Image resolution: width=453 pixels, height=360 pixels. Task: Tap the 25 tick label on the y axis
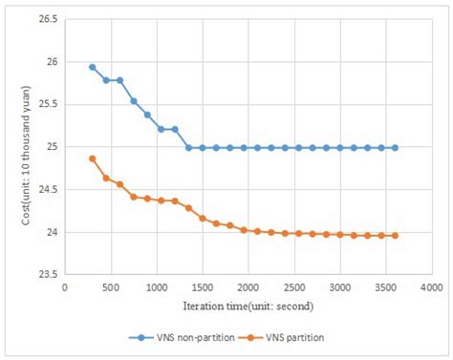click(50, 147)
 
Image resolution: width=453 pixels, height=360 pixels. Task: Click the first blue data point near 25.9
click(93, 67)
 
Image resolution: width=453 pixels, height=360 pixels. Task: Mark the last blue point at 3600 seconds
click(395, 148)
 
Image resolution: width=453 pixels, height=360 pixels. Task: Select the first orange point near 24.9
click(93, 159)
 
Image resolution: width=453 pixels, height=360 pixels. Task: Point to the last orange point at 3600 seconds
click(395, 235)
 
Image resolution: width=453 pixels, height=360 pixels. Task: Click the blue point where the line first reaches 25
click(188, 148)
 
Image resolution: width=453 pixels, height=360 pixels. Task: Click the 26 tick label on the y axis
click(50, 62)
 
